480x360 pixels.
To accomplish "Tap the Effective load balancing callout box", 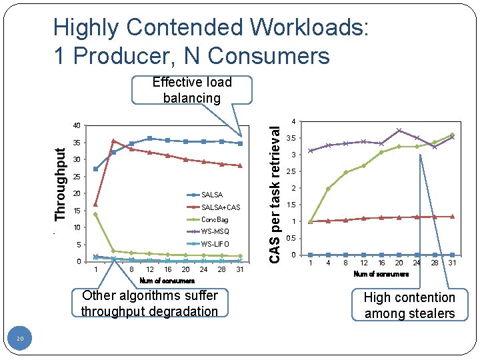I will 192,90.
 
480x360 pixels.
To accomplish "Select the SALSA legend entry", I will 211,195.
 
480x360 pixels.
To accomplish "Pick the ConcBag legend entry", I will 214,219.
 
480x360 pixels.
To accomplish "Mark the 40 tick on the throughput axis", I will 77,125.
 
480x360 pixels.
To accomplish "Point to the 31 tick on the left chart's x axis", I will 240,269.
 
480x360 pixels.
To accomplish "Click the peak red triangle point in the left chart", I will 113,141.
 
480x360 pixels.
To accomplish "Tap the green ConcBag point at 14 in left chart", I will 96,214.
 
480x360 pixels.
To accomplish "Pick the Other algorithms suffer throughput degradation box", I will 149,303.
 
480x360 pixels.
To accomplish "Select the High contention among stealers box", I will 409,305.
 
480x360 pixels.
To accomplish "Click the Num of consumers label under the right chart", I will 381,274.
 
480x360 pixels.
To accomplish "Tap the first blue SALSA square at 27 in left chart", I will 96,169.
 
